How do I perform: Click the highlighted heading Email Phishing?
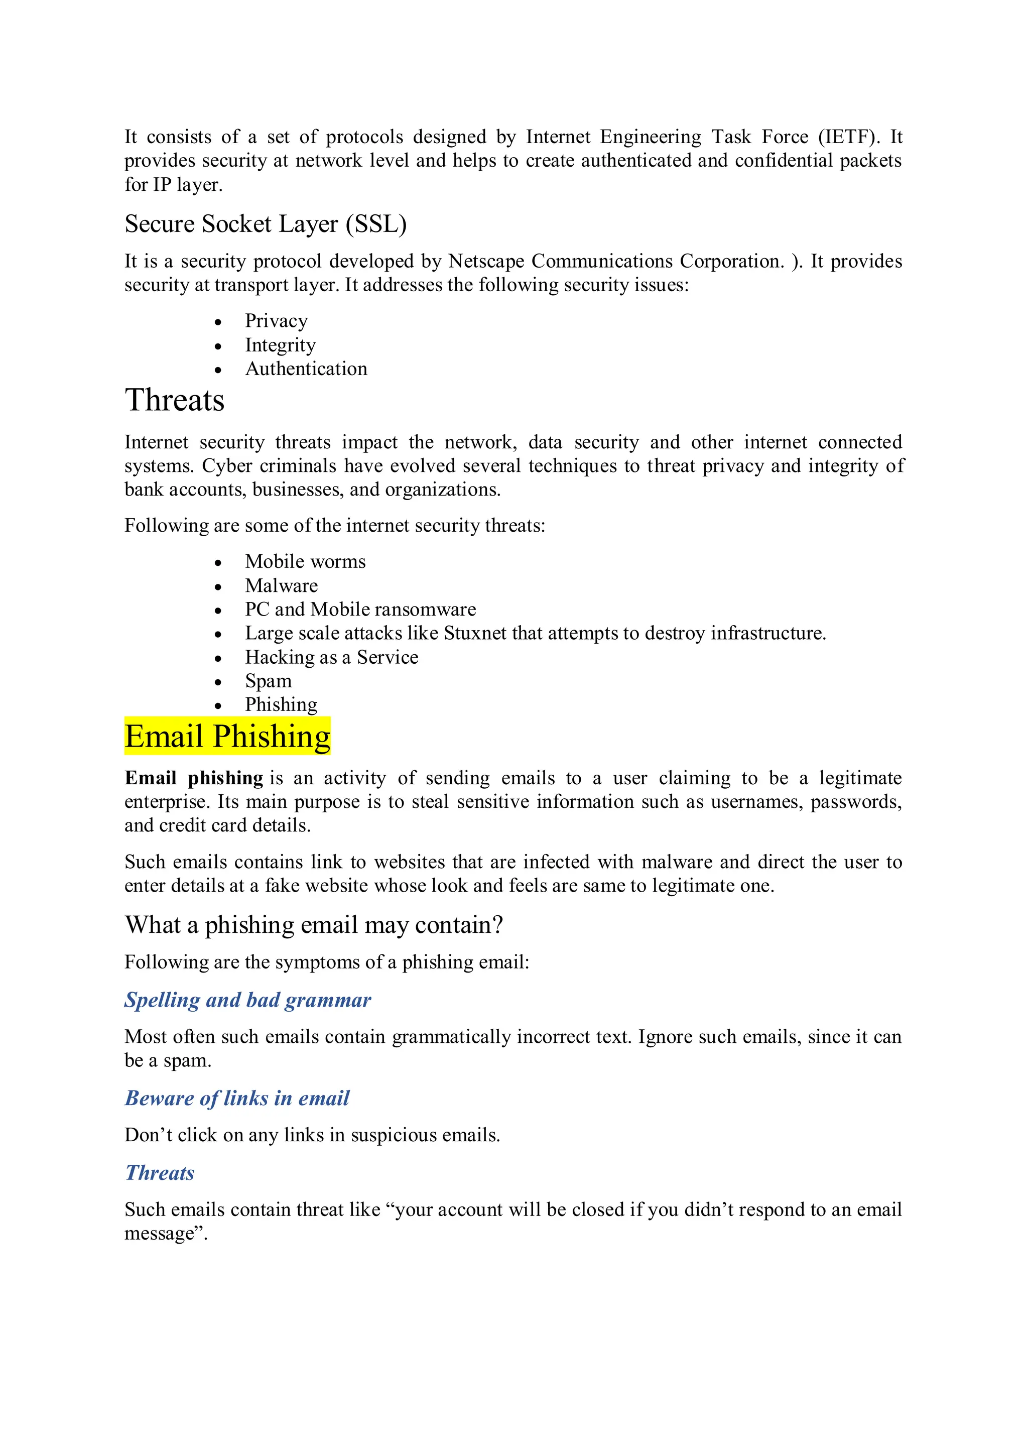(x=227, y=737)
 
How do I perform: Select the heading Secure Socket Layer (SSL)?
(x=265, y=224)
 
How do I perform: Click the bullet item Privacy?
(x=276, y=321)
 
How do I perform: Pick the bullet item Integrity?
(x=281, y=345)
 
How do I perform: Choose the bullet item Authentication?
(x=306, y=369)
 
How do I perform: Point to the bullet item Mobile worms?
(x=305, y=562)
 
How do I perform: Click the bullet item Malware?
(x=281, y=586)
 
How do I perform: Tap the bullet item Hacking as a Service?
(x=332, y=657)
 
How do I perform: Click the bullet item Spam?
(x=269, y=681)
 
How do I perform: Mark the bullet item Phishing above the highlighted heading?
(x=281, y=705)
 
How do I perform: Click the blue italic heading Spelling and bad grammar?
(x=247, y=1000)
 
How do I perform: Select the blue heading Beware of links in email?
(x=237, y=1098)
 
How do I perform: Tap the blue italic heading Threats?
(x=160, y=1173)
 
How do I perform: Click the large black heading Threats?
(x=175, y=400)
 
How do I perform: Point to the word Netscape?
(x=486, y=261)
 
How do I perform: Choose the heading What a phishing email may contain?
(x=314, y=925)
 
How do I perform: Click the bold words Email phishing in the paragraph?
(x=194, y=778)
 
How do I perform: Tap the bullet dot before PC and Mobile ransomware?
(x=218, y=611)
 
